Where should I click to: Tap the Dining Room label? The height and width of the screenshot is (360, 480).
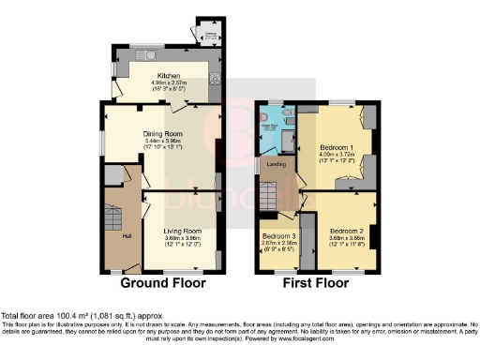[x=162, y=134]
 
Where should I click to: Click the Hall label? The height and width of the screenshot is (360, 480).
[x=127, y=222]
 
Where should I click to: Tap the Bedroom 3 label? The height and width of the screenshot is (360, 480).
[x=278, y=235]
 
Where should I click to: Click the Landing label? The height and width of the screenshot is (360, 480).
[x=276, y=165]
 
